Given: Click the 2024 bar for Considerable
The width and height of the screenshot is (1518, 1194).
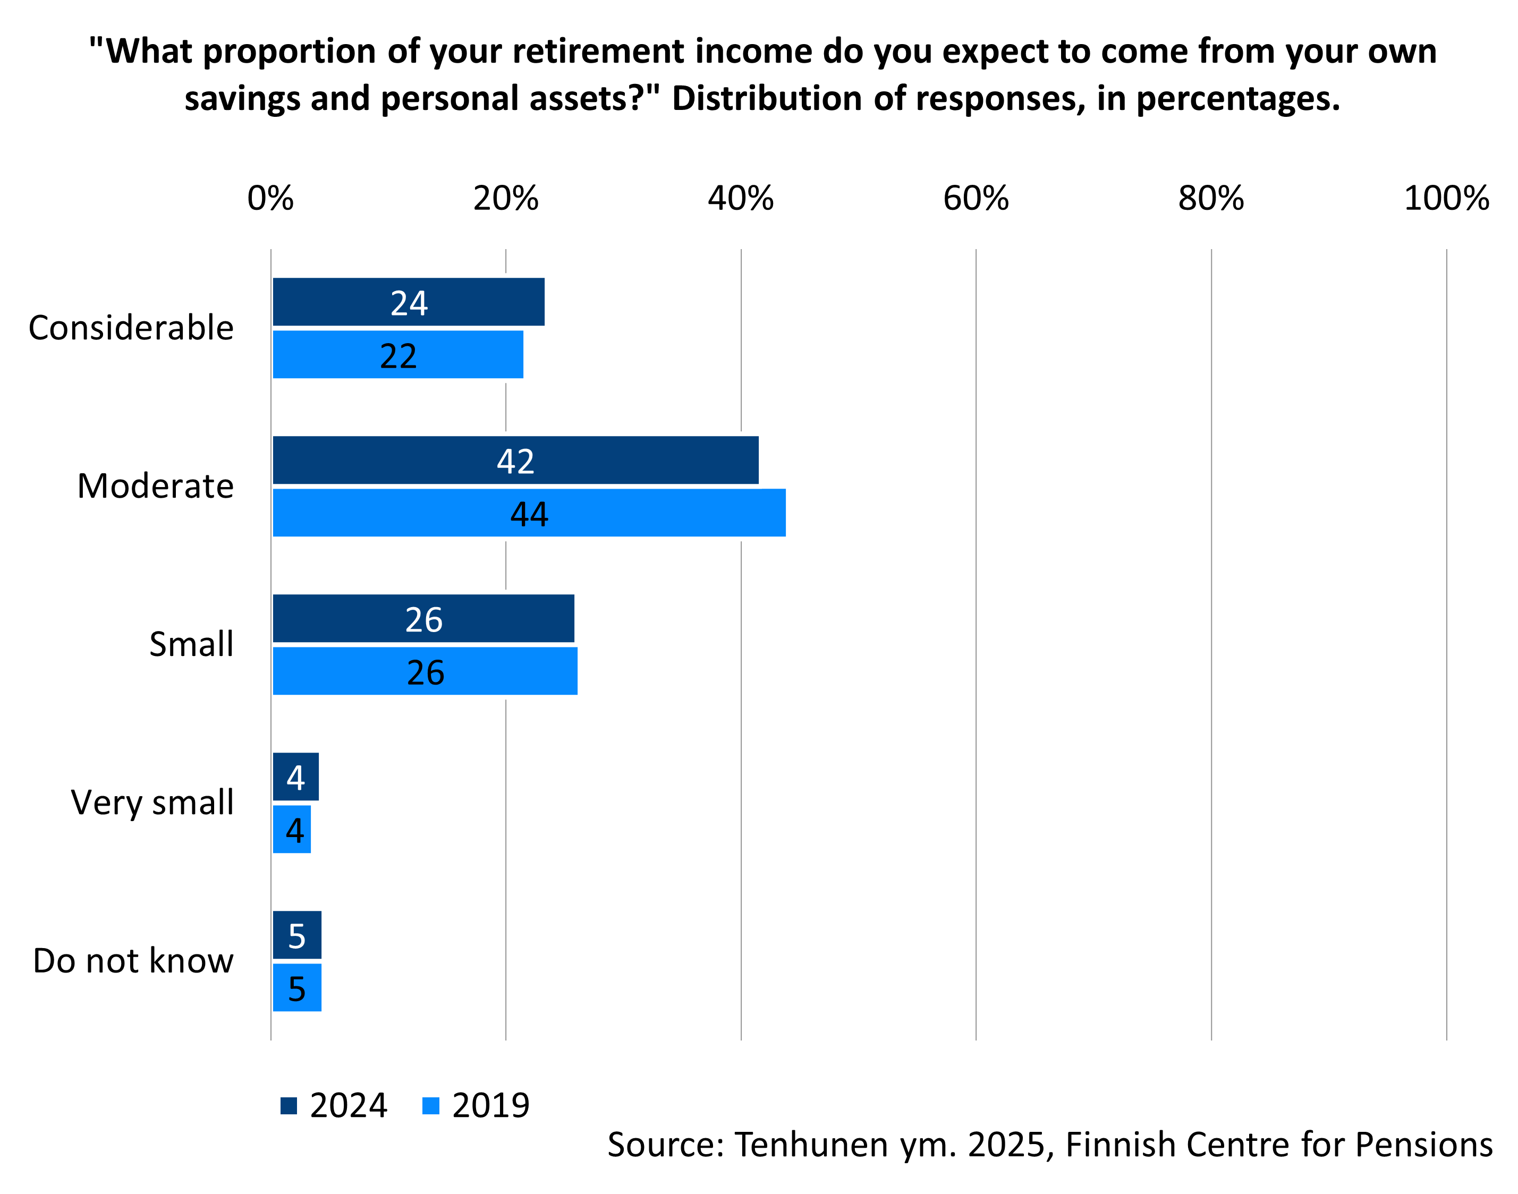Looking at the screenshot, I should click(x=409, y=302).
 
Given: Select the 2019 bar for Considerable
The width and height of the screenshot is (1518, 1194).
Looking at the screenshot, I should click(x=398, y=354).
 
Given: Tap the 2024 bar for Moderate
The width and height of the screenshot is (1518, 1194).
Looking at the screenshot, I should click(x=515, y=460).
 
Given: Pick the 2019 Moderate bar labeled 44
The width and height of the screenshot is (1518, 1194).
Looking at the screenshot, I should click(x=529, y=513).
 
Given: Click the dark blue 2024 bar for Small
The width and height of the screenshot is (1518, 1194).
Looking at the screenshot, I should click(x=423, y=619).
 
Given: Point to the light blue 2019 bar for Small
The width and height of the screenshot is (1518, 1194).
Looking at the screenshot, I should click(x=425, y=671).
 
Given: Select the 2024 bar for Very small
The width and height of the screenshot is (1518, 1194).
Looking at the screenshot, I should click(x=296, y=777).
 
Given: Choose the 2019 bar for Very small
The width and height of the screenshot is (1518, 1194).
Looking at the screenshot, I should click(x=292, y=830).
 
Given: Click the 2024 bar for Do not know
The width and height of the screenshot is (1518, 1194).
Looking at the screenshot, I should click(x=297, y=935).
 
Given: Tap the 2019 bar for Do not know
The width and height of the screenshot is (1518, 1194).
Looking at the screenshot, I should click(x=297, y=988).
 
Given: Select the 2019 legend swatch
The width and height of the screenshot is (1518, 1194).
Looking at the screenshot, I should click(x=431, y=1106).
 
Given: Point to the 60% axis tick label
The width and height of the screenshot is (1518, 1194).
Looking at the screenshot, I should click(x=976, y=199).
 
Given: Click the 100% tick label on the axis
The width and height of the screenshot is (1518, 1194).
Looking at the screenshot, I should click(x=1446, y=199).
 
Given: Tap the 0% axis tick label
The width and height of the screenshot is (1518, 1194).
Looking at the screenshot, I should click(x=270, y=199).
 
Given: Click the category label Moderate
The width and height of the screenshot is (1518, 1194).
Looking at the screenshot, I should click(x=155, y=486).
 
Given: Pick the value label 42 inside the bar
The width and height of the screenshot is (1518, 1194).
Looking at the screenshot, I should click(x=515, y=462).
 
